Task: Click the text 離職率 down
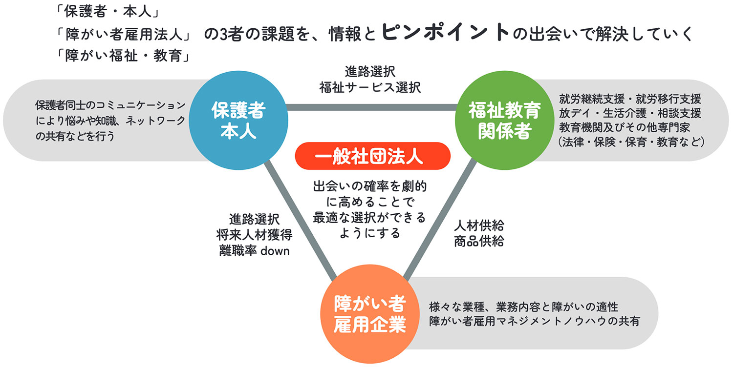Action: pos(255,251)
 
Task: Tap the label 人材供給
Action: pos(478,225)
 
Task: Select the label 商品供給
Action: pos(478,241)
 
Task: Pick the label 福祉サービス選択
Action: pos(370,87)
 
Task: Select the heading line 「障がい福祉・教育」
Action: pos(123,56)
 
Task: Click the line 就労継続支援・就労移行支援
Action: pos(630,99)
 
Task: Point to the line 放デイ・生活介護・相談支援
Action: pos(630,113)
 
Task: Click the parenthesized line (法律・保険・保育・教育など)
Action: pos(630,142)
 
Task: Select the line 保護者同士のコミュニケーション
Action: pos(110,105)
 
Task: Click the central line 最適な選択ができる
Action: pos(369,217)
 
